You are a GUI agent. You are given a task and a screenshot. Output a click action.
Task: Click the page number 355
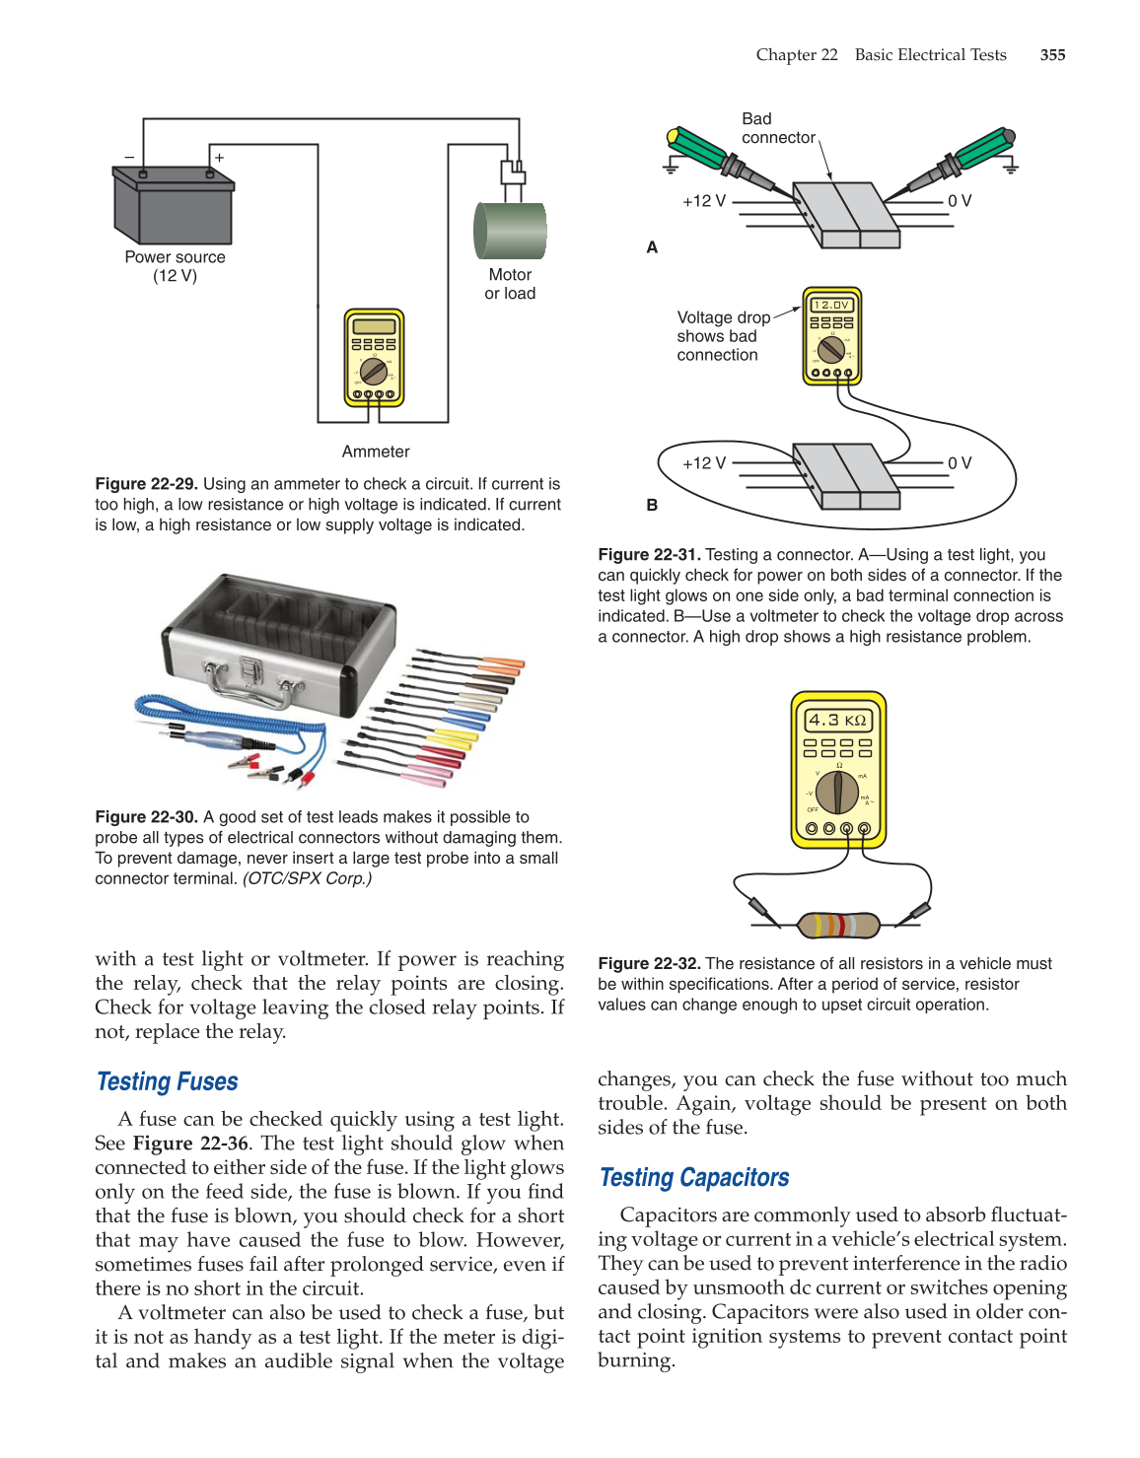click(x=1052, y=55)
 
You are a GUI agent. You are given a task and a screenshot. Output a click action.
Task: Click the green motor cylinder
click(x=510, y=231)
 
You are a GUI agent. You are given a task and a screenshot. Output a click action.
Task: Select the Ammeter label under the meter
click(x=376, y=451)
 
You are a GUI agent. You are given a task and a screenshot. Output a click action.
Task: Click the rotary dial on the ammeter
click(x=374, y=372)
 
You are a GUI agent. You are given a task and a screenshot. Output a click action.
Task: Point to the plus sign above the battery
click(x=219, y=158)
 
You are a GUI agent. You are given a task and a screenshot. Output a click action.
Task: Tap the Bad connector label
click(x=778, y=128)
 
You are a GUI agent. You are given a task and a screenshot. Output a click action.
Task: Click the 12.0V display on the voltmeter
click(x=832, y=305)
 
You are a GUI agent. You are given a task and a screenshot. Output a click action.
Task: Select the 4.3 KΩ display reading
click(x=837, y=720)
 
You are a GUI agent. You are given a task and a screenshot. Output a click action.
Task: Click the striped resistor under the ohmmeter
click(x=837, y=925)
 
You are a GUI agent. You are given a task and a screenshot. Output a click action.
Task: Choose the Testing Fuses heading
click(x=168, y=1081)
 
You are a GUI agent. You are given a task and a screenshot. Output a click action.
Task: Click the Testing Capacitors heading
click(x=694, y=1177)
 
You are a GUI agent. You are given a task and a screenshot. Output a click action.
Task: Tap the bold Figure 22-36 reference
click(x=190, y=1144)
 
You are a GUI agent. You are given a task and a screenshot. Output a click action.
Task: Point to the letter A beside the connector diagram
click(x=652, y=247)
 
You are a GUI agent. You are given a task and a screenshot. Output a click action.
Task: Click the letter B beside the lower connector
click(x=652, y=505)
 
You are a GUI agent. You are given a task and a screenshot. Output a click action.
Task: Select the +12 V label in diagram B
click(x=704, y=463)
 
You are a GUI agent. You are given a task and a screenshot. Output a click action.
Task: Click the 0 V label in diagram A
click(x=960, y=201)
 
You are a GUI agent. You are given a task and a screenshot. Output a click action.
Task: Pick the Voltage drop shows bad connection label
click(x=723, y=336)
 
